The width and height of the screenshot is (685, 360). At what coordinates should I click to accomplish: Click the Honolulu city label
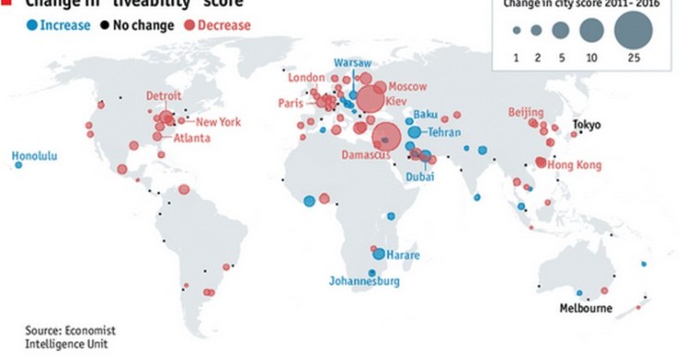click(34, 156)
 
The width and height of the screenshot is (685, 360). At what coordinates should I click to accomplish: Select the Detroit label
click(164, 96)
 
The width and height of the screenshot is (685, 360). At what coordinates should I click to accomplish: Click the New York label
click(218, 121)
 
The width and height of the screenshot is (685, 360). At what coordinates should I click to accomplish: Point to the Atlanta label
click(192, 139)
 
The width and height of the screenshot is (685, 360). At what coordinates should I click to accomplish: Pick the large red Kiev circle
click(371, 100)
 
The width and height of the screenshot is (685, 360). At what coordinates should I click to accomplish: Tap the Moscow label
click(407, 85)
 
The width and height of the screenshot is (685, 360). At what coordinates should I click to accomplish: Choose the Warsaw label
click(352, 62)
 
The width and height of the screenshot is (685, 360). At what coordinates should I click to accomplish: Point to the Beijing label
click(526, 112)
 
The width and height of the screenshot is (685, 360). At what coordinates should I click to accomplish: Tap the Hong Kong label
click(575, 165)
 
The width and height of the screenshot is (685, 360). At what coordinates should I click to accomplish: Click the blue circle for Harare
click(379, 254)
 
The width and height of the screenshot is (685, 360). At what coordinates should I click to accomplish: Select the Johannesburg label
click(364, 280)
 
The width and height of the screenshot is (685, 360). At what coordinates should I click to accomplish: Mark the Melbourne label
click(585, 308)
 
